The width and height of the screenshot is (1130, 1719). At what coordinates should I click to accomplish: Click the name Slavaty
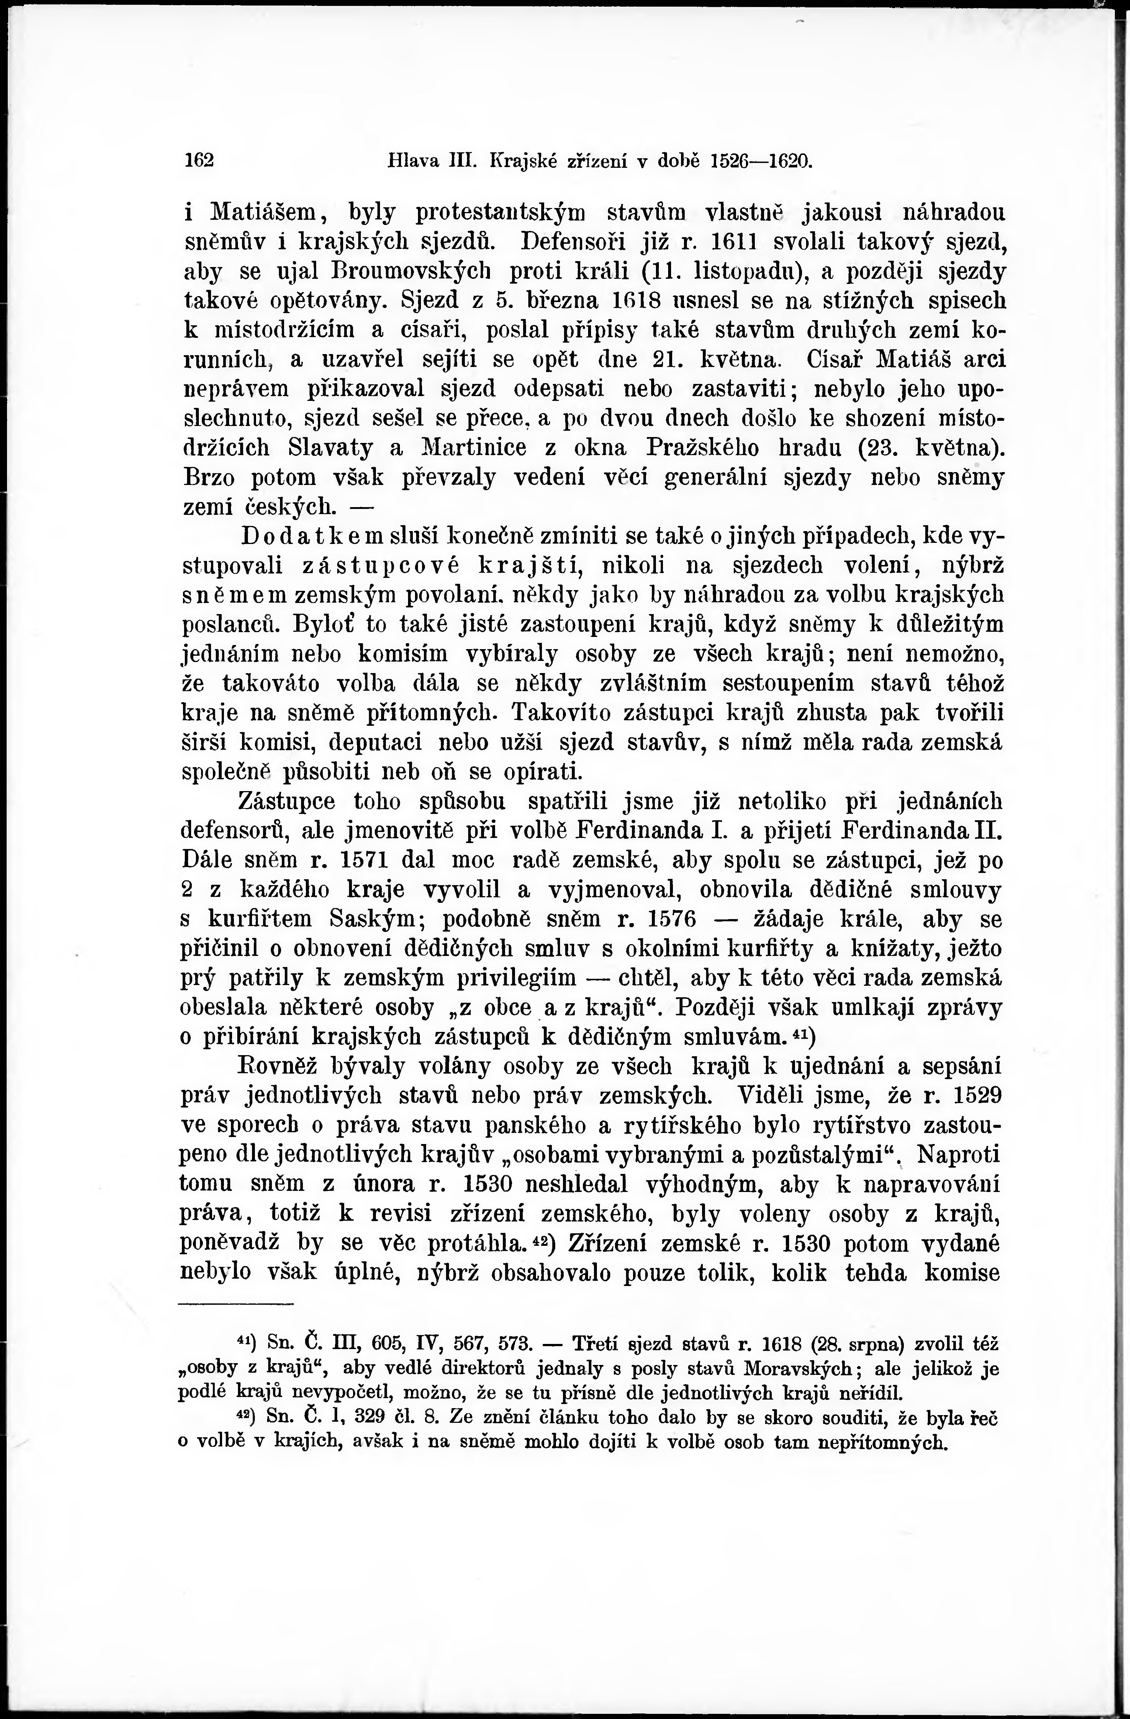click(330, 448)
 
